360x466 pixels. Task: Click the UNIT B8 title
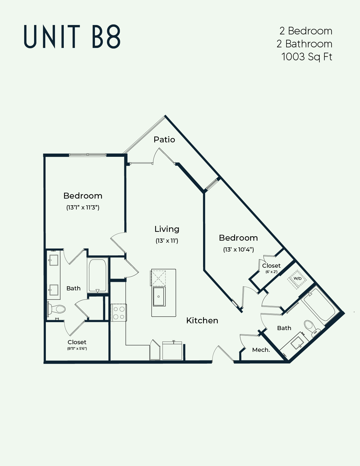[x=72, y=37]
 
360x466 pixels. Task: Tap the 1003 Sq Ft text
[x=307, y=56]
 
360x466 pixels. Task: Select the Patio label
[x=164, y=139]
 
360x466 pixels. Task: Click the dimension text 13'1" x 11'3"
[x=83, y=207]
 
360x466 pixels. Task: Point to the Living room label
[x=167, y=229]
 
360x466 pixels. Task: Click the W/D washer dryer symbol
[x=297, y=278]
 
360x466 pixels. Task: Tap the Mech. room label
[x=261, y=350]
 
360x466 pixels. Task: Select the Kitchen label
[x=202, y=320]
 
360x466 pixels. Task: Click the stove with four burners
[x=119, y=313]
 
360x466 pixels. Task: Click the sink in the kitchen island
[x=159, y=297]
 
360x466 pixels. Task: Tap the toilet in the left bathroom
[x=57, y=309]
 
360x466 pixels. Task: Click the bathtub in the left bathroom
[x=97, y=275]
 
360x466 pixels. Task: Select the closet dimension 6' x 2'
[x=271, y=272]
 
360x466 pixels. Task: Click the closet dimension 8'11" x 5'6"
[x=77, y=348]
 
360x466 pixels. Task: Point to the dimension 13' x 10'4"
[x=238, y=249]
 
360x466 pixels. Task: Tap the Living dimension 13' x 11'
[x=167, y=241]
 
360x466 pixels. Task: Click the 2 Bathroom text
[x=304, y=44]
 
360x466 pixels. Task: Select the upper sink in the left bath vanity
[x=53, y=260]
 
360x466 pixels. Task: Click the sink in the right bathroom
[x=297, y=343]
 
